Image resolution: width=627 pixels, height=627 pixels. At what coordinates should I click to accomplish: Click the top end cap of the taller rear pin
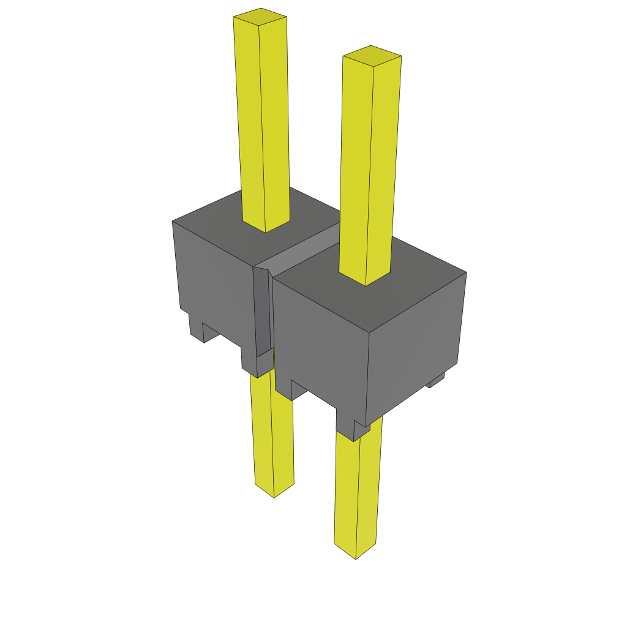[260, 17]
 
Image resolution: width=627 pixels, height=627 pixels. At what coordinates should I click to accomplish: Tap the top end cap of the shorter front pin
[372, 55]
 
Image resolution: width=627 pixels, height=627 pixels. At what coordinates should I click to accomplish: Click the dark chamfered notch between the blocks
[261, 312]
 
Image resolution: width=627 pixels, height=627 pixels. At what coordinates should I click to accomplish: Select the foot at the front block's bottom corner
[352, 429]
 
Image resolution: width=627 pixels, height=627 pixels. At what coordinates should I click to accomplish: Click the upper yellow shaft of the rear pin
[262, 122]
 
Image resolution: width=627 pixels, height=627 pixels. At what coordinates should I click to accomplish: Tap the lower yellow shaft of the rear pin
[272, 435]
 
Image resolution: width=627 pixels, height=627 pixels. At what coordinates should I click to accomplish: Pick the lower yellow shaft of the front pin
[357, 490]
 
